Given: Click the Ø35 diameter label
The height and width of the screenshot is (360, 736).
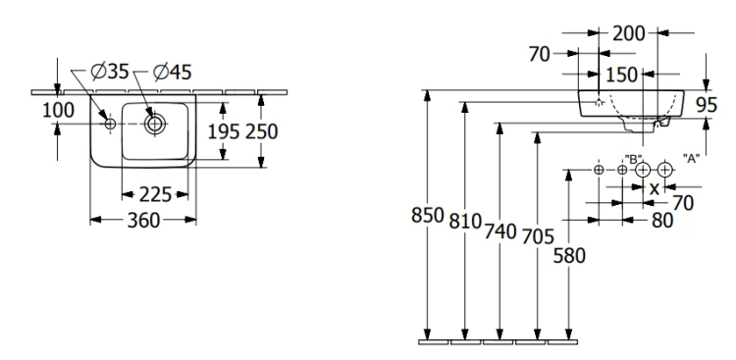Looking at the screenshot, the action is (x=110, y=72).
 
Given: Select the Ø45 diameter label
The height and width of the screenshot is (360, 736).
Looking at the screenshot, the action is (x=173, y=72).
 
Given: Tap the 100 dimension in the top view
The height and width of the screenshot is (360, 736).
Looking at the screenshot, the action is (x=58, y=110).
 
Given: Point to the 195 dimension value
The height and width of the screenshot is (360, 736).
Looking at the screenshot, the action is (x=224, y=131).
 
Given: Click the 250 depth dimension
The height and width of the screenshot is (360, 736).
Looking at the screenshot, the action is (x=261, y=131).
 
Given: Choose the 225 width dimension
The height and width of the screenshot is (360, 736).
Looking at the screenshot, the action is (x=155, y=194).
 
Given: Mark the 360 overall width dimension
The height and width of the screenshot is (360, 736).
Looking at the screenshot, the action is (x=143, y=220).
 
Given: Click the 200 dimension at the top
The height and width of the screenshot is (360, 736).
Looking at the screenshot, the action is (x=629, y=33).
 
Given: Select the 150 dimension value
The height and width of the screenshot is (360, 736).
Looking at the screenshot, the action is (x=621, y=75).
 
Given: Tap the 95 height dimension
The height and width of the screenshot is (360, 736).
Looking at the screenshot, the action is (x=707, y=106).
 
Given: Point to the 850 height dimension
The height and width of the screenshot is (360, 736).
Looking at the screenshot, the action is (x=428, y=216).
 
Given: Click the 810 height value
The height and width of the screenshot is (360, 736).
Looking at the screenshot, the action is (x=465, y=221).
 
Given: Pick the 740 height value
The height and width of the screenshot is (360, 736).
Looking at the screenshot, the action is (x=500, y=231).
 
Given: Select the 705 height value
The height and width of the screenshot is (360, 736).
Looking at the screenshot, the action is (x=538, y=237).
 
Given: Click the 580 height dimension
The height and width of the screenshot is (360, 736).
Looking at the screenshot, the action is (x=569, y=256).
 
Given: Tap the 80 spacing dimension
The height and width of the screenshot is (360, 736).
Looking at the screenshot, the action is (x=662, y=220).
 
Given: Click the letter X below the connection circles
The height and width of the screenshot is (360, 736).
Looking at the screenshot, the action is (x=654, y=188).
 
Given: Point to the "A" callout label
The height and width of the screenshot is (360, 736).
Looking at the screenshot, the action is (x=690, y=159).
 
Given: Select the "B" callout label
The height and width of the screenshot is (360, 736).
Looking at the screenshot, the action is (x=633, y=159).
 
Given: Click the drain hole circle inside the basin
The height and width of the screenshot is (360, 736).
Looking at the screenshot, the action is (x=154, y=124).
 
